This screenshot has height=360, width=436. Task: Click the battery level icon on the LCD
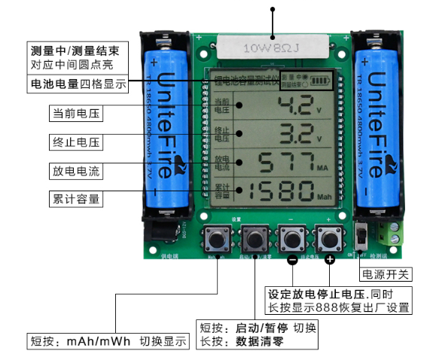[x=322, y=81]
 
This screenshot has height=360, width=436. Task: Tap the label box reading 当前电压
[x=75, y=114]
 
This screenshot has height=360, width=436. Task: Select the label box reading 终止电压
[x=75, y=142]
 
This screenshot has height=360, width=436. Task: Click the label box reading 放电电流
[x=75, y=171]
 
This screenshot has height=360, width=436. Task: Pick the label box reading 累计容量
[x=75, y=200]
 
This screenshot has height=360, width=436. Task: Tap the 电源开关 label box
[x=386, y=273]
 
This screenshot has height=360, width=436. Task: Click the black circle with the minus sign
[x=291, y=261]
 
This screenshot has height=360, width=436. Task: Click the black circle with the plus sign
[x=329, y=261]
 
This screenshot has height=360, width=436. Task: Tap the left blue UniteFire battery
[x=167, y=124]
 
